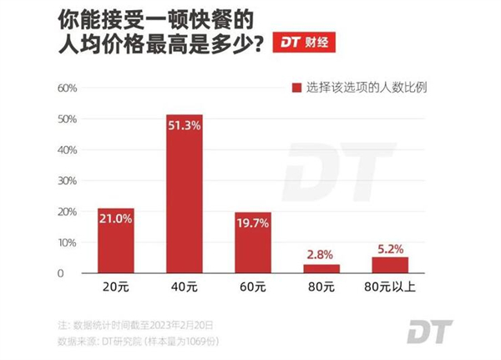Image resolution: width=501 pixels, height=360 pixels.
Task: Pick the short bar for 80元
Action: (321, 268)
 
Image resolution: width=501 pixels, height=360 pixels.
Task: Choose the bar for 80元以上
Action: (389, 265)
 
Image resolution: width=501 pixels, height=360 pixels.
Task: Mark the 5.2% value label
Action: (389, 248)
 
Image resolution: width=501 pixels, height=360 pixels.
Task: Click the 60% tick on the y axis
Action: (67, 88)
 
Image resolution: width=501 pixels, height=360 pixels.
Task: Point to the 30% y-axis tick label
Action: (67, 180)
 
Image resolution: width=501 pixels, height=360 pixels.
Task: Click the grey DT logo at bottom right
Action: (429, 331)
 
